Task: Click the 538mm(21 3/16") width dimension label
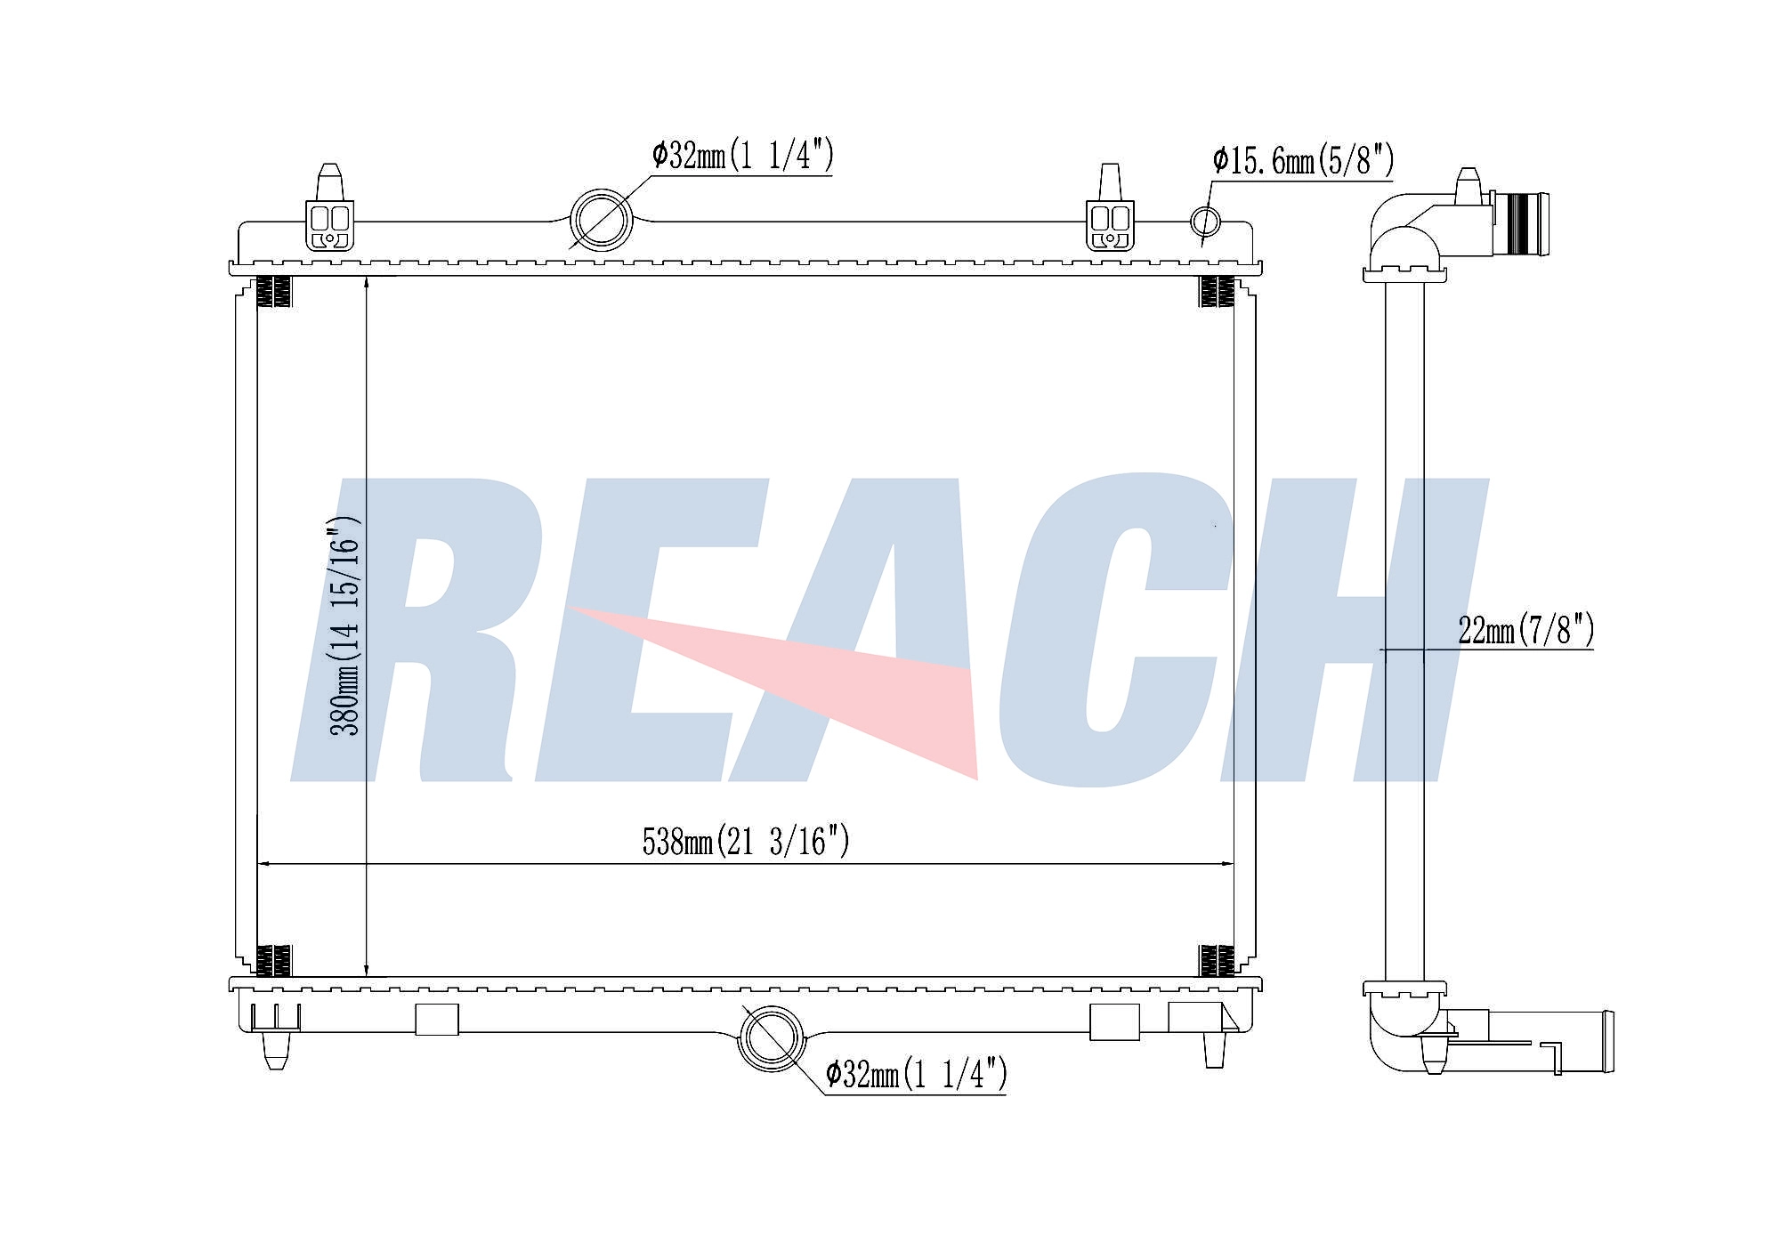coord(746,841)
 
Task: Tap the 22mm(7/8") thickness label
coord(1525,630)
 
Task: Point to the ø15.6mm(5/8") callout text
coord(1303,161)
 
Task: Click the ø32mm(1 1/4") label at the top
coord(743,156)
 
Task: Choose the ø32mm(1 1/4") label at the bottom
coord(917,1074)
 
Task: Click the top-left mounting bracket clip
coord(330,208)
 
